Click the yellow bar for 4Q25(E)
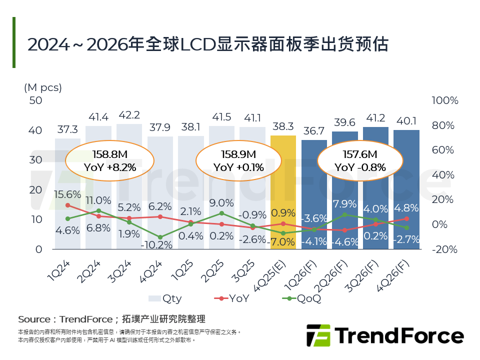click(x=283, y=192)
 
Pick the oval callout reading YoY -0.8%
click(x=360, y=160)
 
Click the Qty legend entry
click(x=165, y=299)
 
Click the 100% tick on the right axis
click(x=444, y=100)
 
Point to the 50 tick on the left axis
click(x=36, y=100)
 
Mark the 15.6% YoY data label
click(x=67, y=194)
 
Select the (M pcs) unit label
click(x=43, y=87)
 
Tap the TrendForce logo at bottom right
click(x=385, y=335)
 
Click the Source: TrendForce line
click(x=111, y=319)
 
